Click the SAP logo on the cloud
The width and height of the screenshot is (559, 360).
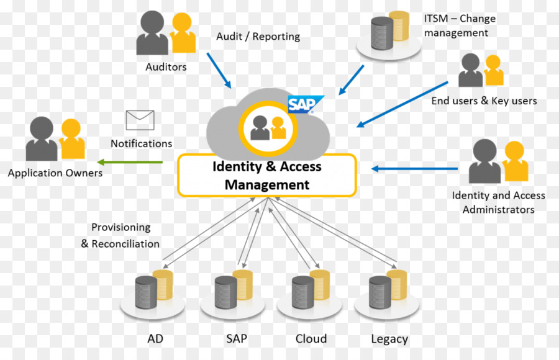[x=306, y=104]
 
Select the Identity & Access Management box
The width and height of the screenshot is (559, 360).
[x=267, y=176]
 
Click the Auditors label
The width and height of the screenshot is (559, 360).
[x=166, y=67]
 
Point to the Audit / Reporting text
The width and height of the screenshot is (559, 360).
[x=258, y=37]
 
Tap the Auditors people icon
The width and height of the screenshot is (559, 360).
[x=166, y=34]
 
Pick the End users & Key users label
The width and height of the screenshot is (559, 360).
[x=484, y=101]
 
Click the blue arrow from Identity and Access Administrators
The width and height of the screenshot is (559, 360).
[x=415, y=168]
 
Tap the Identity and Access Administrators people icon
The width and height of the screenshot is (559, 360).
[x=499, y=162]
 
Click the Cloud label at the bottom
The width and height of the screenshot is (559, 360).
[x=311, y=339]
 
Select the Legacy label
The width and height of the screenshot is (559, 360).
[x=389, y=339]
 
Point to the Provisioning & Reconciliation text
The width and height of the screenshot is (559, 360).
[x=120, y=236]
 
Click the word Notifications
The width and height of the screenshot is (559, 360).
[x=141, y=143]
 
